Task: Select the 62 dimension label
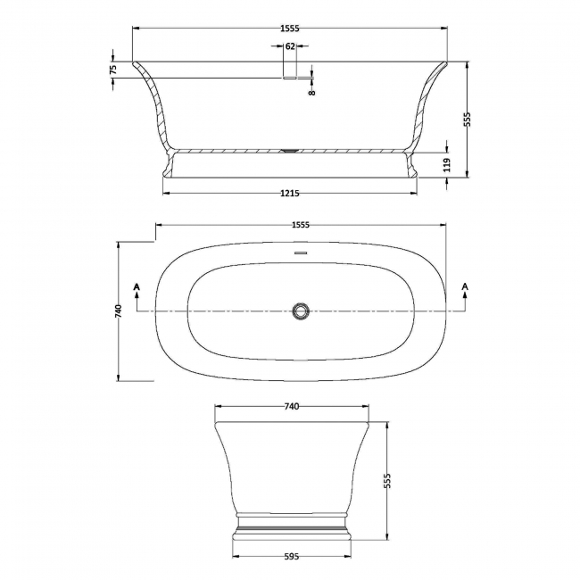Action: pos(290,46)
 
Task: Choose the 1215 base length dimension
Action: pos(289,194)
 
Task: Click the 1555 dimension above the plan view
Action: pos(301,225)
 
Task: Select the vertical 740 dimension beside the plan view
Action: pos(118,311)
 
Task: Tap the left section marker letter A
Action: pos(137,286)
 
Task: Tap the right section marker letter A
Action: pos(465,286)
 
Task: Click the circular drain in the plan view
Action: pos(301,311)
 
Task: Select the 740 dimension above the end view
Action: pos(291,407)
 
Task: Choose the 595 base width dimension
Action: pos(291,556)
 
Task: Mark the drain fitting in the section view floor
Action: pos(287,151)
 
